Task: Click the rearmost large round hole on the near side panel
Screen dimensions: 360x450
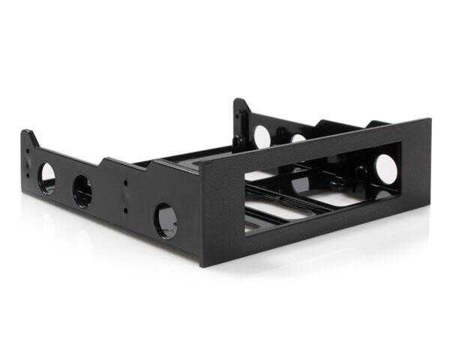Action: [x=47, y=178]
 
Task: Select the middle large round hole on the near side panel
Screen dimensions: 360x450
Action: [x=82, y=190]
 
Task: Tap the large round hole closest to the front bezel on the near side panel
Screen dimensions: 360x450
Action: [x=166, y=219]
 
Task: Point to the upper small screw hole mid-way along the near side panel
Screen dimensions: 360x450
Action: [x=125, y=181]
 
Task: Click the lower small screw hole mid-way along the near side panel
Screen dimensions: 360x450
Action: [x=125, y=191]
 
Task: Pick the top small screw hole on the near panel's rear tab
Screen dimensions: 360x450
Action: [x=28, y=149]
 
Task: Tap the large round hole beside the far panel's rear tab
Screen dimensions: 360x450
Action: [x=262, y=136]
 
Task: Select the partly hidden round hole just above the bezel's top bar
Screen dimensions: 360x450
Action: [x=298, y=138]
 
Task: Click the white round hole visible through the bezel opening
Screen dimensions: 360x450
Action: [x=386, y=169]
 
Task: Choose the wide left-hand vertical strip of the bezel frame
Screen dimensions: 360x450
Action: [x=221, y=210]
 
